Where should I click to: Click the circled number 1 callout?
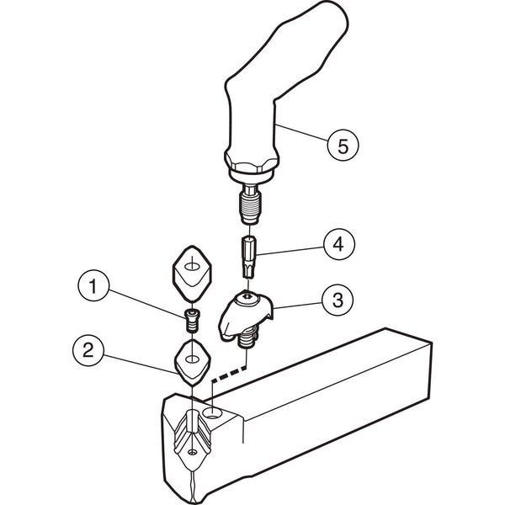click(93, 285)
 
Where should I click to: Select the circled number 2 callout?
click(88, 350)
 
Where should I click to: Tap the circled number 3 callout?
click(338, 300)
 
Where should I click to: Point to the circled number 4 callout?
click(339, 244)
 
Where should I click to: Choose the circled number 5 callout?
click(343, 146)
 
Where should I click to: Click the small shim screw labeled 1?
click(192, 321)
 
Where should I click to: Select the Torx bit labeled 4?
click(248, 257)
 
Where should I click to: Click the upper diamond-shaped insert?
click(192, 274)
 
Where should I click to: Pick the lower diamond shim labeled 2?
click(193, 362)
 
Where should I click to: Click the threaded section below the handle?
click(250, 205)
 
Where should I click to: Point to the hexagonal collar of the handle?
click(251, 162)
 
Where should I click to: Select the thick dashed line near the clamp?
click(229, 373)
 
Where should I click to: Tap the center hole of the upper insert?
click(192, 266)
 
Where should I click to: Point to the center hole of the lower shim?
click(192, 359)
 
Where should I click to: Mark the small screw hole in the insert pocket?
click(192, 453)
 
